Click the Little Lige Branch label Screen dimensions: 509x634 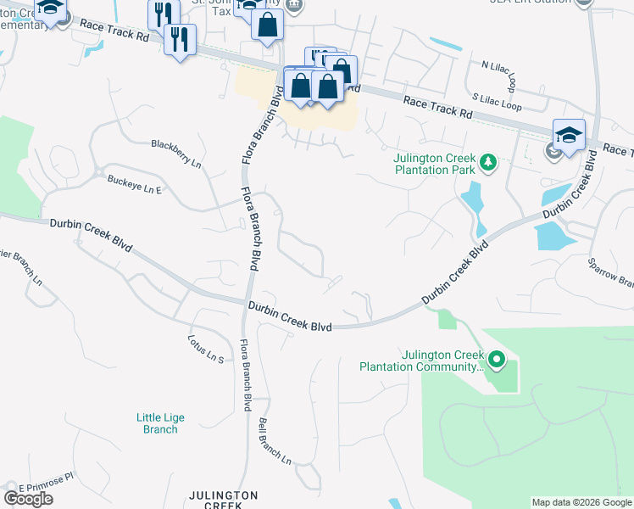[x=160, y=423]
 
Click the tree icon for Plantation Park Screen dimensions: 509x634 [x=487, y=162]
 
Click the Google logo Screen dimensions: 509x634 [x=28, y=498]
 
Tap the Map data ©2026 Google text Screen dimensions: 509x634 [x=581, y=502]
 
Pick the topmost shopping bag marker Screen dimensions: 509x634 [x=267, y=25]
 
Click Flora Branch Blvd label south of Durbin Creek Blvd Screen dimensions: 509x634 [x=245, y=374]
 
